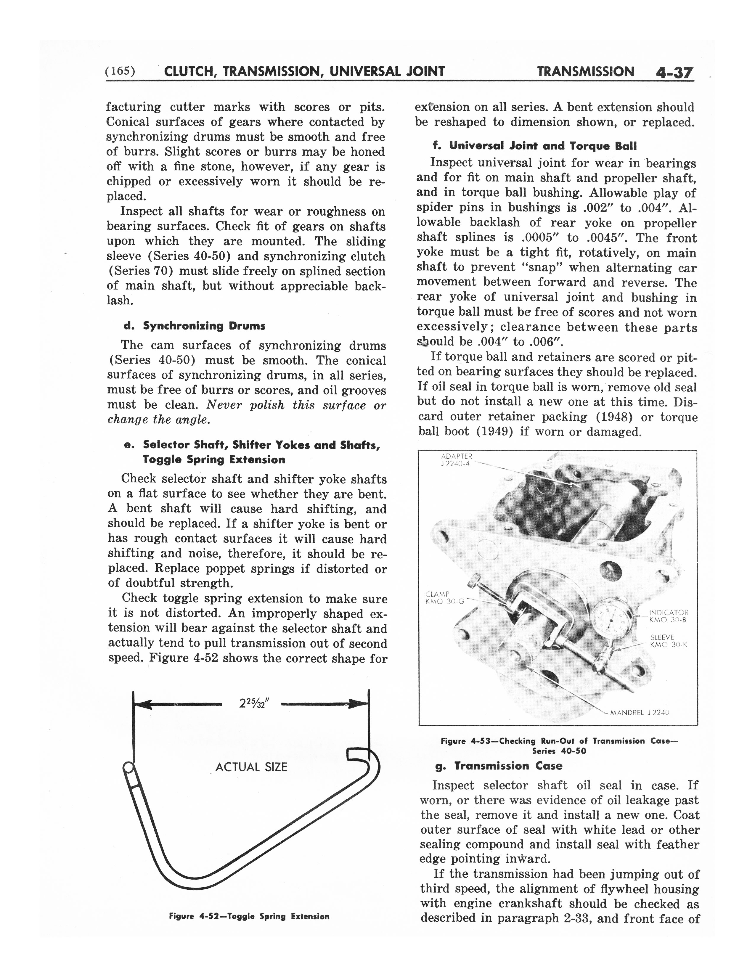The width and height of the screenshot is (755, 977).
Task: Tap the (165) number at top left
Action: coord(119,71)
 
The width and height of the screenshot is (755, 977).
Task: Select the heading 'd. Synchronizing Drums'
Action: coord(195,326)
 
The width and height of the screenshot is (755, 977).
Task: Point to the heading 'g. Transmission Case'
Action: coord(499,766)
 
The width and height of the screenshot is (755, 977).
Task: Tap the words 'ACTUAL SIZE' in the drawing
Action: coord(251,767)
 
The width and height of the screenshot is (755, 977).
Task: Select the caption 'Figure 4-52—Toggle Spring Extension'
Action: coord(249,916)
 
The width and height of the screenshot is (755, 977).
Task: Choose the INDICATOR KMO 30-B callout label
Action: coord(668,616)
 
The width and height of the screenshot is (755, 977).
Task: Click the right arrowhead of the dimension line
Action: coord(360,704)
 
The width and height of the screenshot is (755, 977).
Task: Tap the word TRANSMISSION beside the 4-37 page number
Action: coord(585,72)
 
